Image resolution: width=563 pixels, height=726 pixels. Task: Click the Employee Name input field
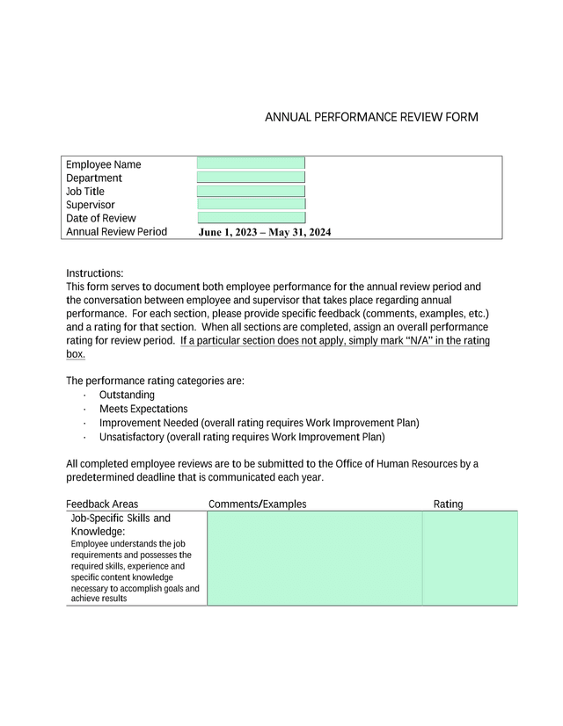251,163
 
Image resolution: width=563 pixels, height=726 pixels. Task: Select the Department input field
251,178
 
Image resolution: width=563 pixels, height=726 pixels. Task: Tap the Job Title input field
251,191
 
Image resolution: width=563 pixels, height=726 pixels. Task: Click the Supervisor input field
251,204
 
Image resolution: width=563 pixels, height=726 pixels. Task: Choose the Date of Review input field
251,217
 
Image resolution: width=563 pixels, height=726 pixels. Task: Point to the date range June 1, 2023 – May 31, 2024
264,233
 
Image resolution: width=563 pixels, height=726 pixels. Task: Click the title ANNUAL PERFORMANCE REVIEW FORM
371,117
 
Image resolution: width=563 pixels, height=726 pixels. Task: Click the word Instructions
95,273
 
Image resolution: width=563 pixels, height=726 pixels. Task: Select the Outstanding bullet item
127,396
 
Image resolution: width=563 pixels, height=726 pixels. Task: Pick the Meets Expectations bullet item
143,409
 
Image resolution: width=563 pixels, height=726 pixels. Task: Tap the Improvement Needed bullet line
259,423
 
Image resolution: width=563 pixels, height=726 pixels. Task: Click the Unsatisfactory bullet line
242,436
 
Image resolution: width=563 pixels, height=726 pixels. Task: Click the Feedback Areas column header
102,505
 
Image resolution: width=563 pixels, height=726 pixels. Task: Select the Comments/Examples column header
258,505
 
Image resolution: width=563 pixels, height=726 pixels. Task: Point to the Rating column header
448,505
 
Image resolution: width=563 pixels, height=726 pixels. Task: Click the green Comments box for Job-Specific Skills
314,558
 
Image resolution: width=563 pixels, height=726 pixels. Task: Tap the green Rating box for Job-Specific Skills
470,558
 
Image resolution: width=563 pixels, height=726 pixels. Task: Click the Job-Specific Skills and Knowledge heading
120,525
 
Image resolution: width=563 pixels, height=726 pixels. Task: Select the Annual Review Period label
116,232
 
